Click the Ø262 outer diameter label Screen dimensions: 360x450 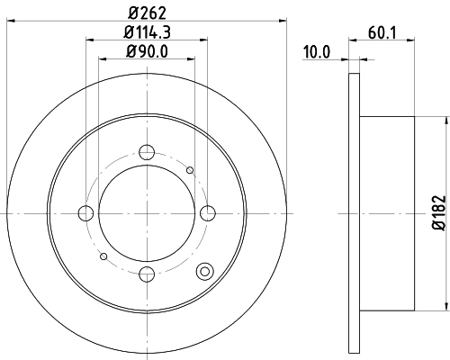pyautogui.click(x=148, y=12)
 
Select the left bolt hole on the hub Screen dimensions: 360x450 pyautogui.click(x=86, y=212)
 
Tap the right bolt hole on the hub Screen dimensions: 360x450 pyautogui.click(x=209, y=212)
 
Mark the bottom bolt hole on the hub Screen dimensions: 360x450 pyautogui.click(x=148, y=274)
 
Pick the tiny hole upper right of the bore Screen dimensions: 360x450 pyautogui.click(x=189, y=169)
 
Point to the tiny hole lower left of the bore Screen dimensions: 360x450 pyautogui.click(x=105, y=256)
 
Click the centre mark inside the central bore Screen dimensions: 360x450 pyautogui.click(x=148, y=212)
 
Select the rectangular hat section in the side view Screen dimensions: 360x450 pyautogui.click(x=387, y=212)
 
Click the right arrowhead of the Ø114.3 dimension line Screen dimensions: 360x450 pyautogui.click(x=206, y=39)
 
